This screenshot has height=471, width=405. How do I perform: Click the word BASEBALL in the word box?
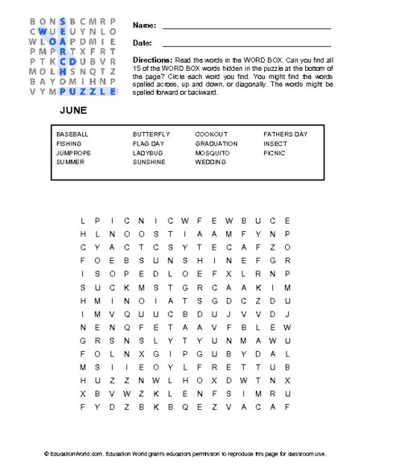tap(72, 133)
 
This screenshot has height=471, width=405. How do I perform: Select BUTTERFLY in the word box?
tap(151, 133)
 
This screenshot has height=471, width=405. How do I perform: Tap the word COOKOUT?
tap(211, 133)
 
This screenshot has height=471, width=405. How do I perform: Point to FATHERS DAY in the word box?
tap(285, 133)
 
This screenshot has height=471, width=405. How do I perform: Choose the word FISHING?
tap(68, 143)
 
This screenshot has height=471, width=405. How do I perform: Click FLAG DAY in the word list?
tap(149, 143)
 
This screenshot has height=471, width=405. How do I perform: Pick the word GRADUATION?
tap(216, 143)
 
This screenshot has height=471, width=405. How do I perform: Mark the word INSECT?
tap(275, 143)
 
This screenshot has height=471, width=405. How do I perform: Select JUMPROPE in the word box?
tap(72, 152)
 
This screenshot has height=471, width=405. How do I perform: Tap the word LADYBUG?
tap(148, 152)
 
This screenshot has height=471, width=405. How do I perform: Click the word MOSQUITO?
tap(213, 152)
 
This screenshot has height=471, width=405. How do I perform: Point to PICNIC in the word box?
tap(274, 152)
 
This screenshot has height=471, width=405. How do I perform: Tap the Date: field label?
tap(142, 43)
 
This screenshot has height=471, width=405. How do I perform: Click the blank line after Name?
tap(246, 28)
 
